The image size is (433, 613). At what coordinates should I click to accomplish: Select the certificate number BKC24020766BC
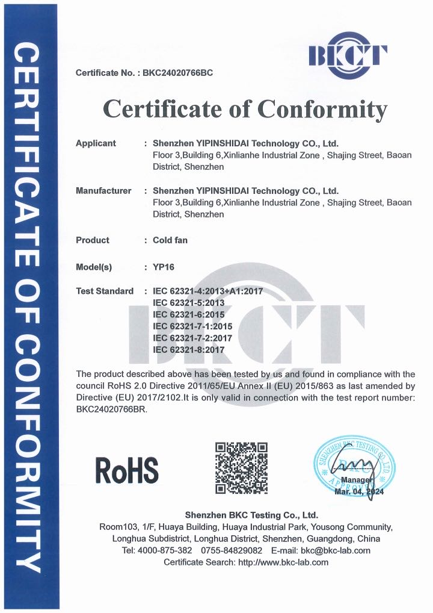tap(177, 73)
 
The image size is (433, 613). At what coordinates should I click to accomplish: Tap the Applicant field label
tap(96, 143)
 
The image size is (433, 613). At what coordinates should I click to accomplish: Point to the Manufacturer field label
tap(103, 191)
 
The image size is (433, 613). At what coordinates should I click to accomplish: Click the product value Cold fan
tap(170, 240)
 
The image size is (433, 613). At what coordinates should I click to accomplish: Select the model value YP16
tap(164, 267)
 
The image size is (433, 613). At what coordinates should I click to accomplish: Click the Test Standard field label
tap(105, 291)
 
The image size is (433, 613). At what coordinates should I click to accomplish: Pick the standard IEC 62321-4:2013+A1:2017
tap(208, 291)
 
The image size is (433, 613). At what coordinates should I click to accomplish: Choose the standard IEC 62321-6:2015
tap(189, 314)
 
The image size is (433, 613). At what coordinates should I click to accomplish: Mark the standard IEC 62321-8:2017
tap(189, 349)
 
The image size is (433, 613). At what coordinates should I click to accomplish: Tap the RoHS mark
tap(127, 471)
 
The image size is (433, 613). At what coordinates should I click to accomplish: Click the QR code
tap(241, 468)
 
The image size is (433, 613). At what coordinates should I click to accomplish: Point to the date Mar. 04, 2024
tap(358, 492)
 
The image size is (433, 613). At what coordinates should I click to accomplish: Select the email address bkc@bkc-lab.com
tap(336, 550)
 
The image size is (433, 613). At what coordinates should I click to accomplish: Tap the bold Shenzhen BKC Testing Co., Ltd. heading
tap(251, 515)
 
